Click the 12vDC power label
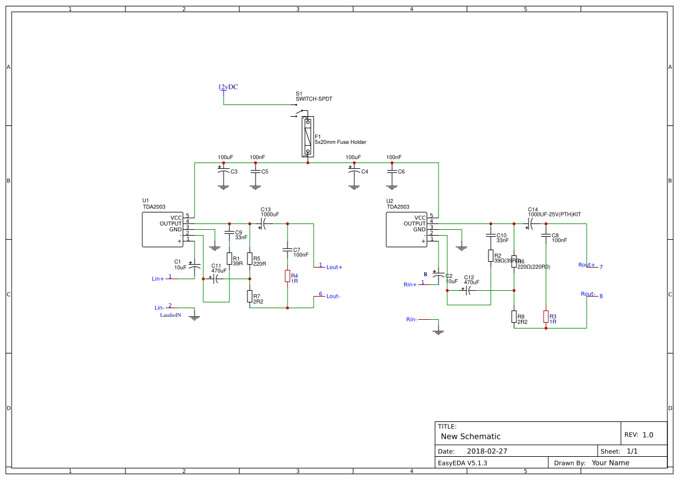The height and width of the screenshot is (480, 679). (x=228, y=87)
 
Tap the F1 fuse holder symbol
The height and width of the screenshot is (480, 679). (x=307, y=136)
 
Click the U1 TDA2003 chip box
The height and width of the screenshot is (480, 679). (x=163, y=229)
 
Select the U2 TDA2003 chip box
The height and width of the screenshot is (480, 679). (x=407, y=229)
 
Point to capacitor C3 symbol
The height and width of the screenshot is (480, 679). (x=223, y=172)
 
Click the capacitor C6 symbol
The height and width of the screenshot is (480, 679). (x=392, y=172)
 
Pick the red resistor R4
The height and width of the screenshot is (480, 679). (x=287, y=276)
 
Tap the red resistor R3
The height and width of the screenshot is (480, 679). (x=545, y=316)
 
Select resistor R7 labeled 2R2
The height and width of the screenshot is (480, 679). (x=250, y=297)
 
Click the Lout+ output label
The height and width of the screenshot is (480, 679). (x=334, y=267)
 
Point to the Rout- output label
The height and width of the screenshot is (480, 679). (x=587, y=294)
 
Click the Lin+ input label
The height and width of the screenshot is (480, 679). (x=157, y=279)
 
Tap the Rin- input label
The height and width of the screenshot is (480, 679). (x=411, y=319)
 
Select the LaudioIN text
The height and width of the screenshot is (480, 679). (x=171, y=315)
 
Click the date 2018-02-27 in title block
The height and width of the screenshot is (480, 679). (x=487, y=451)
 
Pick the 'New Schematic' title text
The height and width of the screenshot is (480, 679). (x=470, y=436)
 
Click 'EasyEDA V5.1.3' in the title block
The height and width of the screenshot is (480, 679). (x=462, y=463)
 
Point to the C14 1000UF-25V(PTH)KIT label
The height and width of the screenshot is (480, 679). (x=554, y=214)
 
